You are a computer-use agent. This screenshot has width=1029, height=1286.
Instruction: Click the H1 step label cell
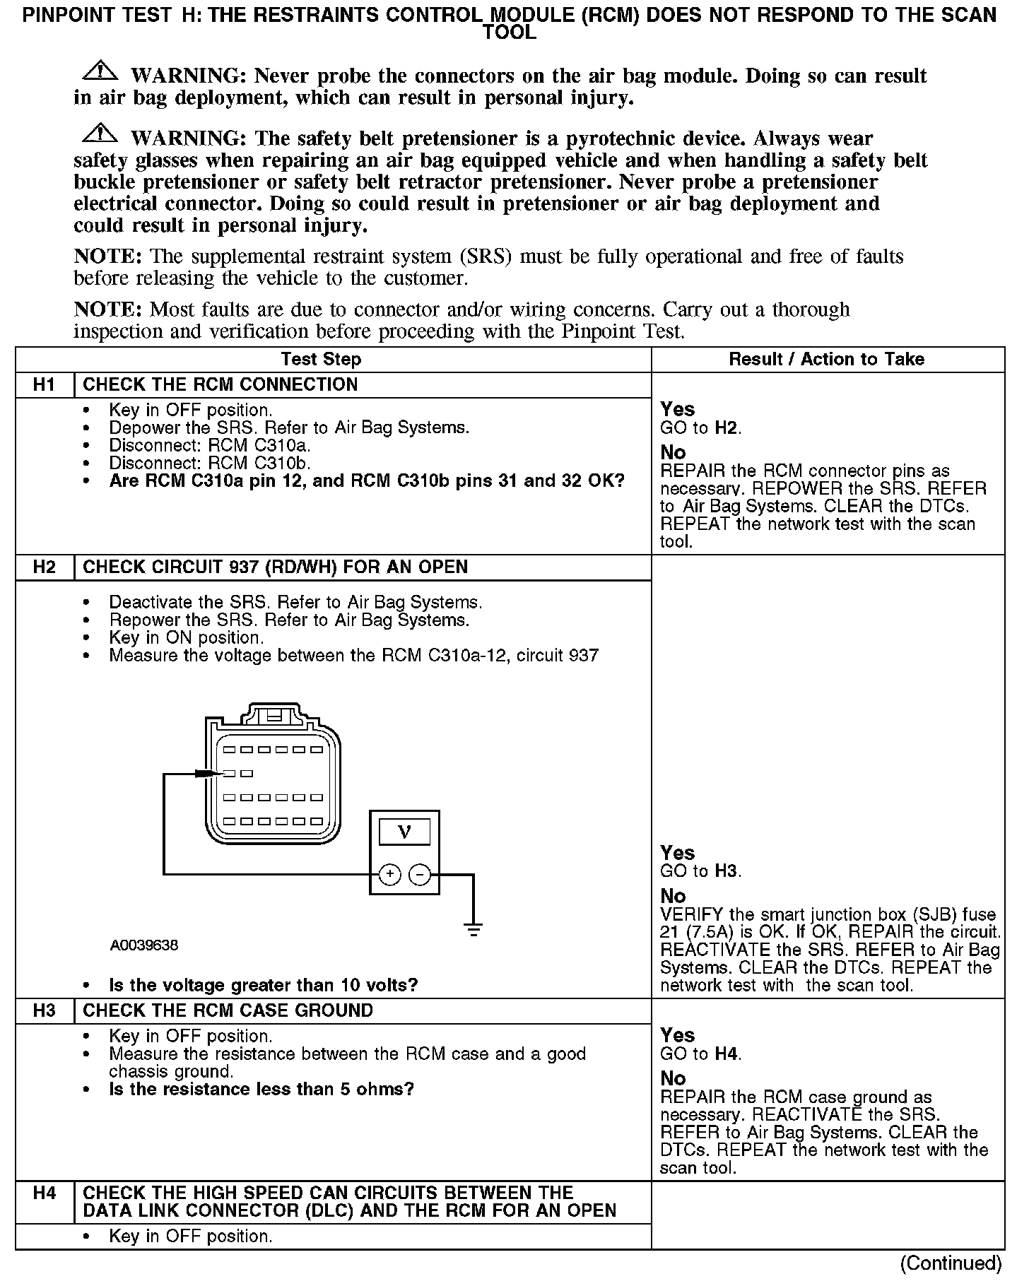point(44,385)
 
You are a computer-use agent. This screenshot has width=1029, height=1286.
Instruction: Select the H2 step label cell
point(44,567)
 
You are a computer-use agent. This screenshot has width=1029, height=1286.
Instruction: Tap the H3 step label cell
point(44,1010)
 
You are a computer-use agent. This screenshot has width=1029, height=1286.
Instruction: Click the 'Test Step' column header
point(321,360)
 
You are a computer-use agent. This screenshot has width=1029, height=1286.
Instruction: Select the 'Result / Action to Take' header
point(826,360)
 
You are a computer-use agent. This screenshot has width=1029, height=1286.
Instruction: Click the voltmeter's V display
point(404,832)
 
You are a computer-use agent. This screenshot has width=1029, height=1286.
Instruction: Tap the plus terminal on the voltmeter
point(390,875)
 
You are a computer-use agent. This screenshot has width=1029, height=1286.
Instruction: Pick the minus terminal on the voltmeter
point(420,875)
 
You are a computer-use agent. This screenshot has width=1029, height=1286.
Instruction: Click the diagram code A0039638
point(144,945)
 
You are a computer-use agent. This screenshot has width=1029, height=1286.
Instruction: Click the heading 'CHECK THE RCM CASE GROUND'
point(228,1010)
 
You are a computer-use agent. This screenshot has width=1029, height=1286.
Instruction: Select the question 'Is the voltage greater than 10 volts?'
point(263,985)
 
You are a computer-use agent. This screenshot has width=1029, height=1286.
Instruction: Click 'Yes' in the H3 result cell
point(677,1035)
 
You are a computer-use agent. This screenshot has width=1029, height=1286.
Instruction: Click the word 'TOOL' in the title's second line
point(509,33)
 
